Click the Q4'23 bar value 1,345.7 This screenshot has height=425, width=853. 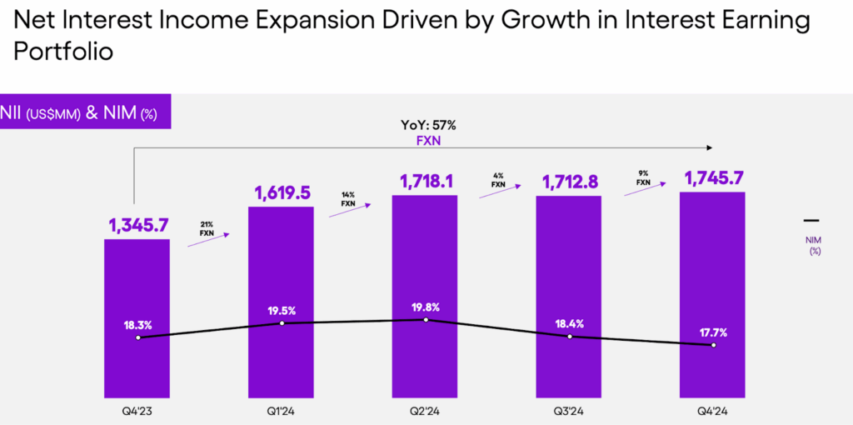coord(137,225)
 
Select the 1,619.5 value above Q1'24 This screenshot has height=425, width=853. coord(282,193)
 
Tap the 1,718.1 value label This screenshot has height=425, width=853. coord(425,181)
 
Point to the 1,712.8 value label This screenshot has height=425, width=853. coord(569,181)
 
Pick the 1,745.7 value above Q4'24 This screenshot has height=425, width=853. coord(713,177)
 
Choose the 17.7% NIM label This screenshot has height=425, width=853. coord(713,332)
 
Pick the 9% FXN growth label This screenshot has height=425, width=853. coord(643,177)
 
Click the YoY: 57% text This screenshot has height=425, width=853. coord(428,125)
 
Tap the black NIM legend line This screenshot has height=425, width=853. coord(811,221)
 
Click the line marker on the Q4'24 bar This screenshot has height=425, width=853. coord(713,345)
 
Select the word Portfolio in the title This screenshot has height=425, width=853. coord(62,51)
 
